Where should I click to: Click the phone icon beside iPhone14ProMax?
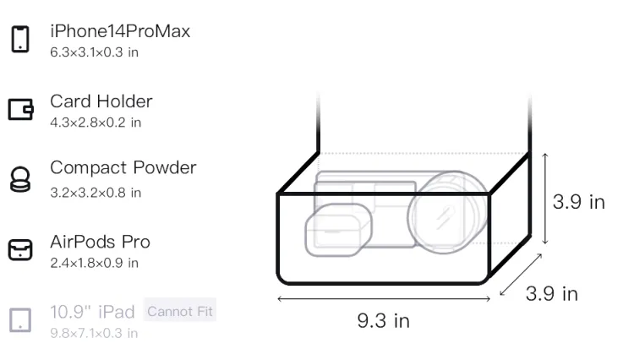(20, 39)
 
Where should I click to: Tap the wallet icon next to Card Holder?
(20, 109)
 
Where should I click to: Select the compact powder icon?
(20, 179)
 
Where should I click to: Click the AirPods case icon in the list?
(20, 249)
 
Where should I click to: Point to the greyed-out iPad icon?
(20, 320)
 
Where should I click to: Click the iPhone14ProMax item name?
(120, 31)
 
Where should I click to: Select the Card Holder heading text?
(101, 101)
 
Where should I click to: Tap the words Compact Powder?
(123, 168)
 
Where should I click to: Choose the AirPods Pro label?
(101, 242)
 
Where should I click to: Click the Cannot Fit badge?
(180, 311)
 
